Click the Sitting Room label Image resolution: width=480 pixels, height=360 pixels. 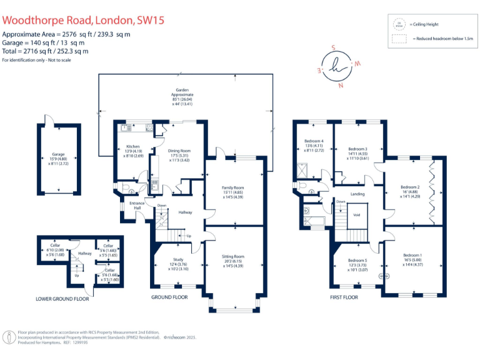click(232, 256)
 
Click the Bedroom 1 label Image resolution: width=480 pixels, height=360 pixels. click(412, 255)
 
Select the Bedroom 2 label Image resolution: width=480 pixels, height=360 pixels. click(410, 187)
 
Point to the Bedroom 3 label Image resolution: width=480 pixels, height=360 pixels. click(357, 149)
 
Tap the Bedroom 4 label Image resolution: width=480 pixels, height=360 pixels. click(314, 141)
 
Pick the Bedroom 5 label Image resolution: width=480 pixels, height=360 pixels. click(358, 260)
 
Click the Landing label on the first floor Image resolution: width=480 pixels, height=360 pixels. click(357, 194)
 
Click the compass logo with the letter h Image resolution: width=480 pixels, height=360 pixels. click(340, 66)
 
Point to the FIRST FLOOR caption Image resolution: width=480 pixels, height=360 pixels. click(344, 297)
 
